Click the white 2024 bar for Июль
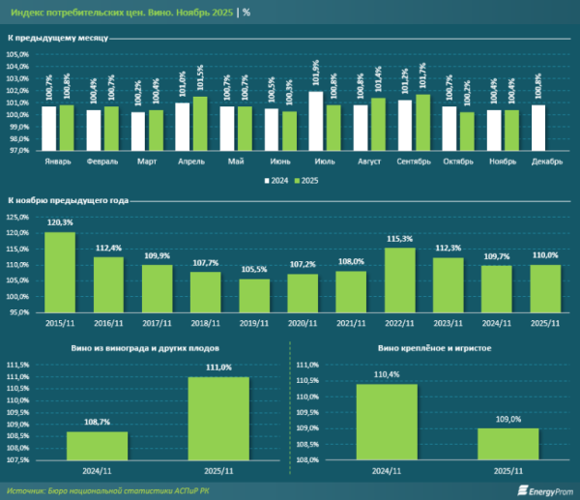pos(316,121)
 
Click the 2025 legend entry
pos(307,180)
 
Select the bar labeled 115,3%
pos(399,279)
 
